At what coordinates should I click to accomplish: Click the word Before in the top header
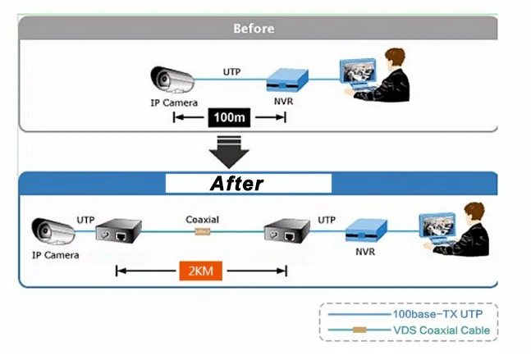254,28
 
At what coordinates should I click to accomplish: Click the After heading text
236,183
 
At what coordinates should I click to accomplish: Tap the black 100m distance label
230,117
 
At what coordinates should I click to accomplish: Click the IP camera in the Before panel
172,80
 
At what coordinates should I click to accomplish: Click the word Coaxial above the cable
202,220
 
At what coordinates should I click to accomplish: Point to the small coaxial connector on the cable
202,232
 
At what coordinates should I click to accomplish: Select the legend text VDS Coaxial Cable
440,330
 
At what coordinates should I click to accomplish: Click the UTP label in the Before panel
232,72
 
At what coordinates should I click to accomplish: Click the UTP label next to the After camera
85,220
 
